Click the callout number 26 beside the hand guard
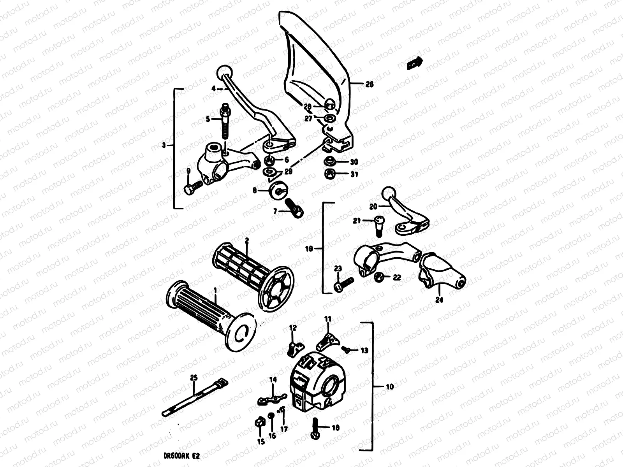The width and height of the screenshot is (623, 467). coord(369,84)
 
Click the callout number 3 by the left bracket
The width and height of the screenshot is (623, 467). coord(164,145)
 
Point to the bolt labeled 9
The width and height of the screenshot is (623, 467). coord(192,189)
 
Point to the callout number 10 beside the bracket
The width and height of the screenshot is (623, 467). coord(390,387)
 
